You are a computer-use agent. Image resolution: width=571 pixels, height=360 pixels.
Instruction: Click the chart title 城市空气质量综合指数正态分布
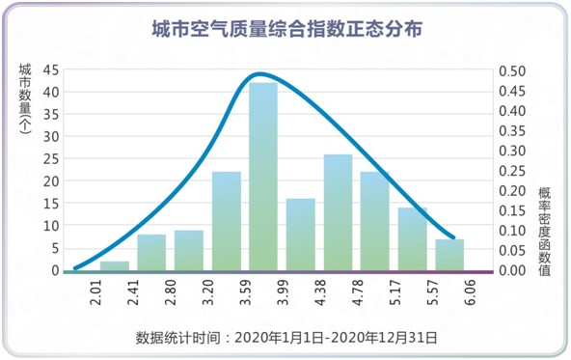(286, 30)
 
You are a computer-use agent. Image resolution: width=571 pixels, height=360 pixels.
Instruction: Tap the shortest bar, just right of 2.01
(114, 265)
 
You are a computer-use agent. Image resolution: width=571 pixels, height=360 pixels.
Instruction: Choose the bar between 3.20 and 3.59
(226, 221)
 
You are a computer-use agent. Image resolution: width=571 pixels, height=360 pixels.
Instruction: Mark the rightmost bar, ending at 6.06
(449, 255)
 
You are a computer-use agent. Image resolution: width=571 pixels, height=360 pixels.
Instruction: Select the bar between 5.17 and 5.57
(412, 238)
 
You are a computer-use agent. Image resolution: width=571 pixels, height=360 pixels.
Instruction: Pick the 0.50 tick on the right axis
(511, 70)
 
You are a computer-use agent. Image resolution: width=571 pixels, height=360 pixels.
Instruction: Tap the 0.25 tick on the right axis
(511, 171)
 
